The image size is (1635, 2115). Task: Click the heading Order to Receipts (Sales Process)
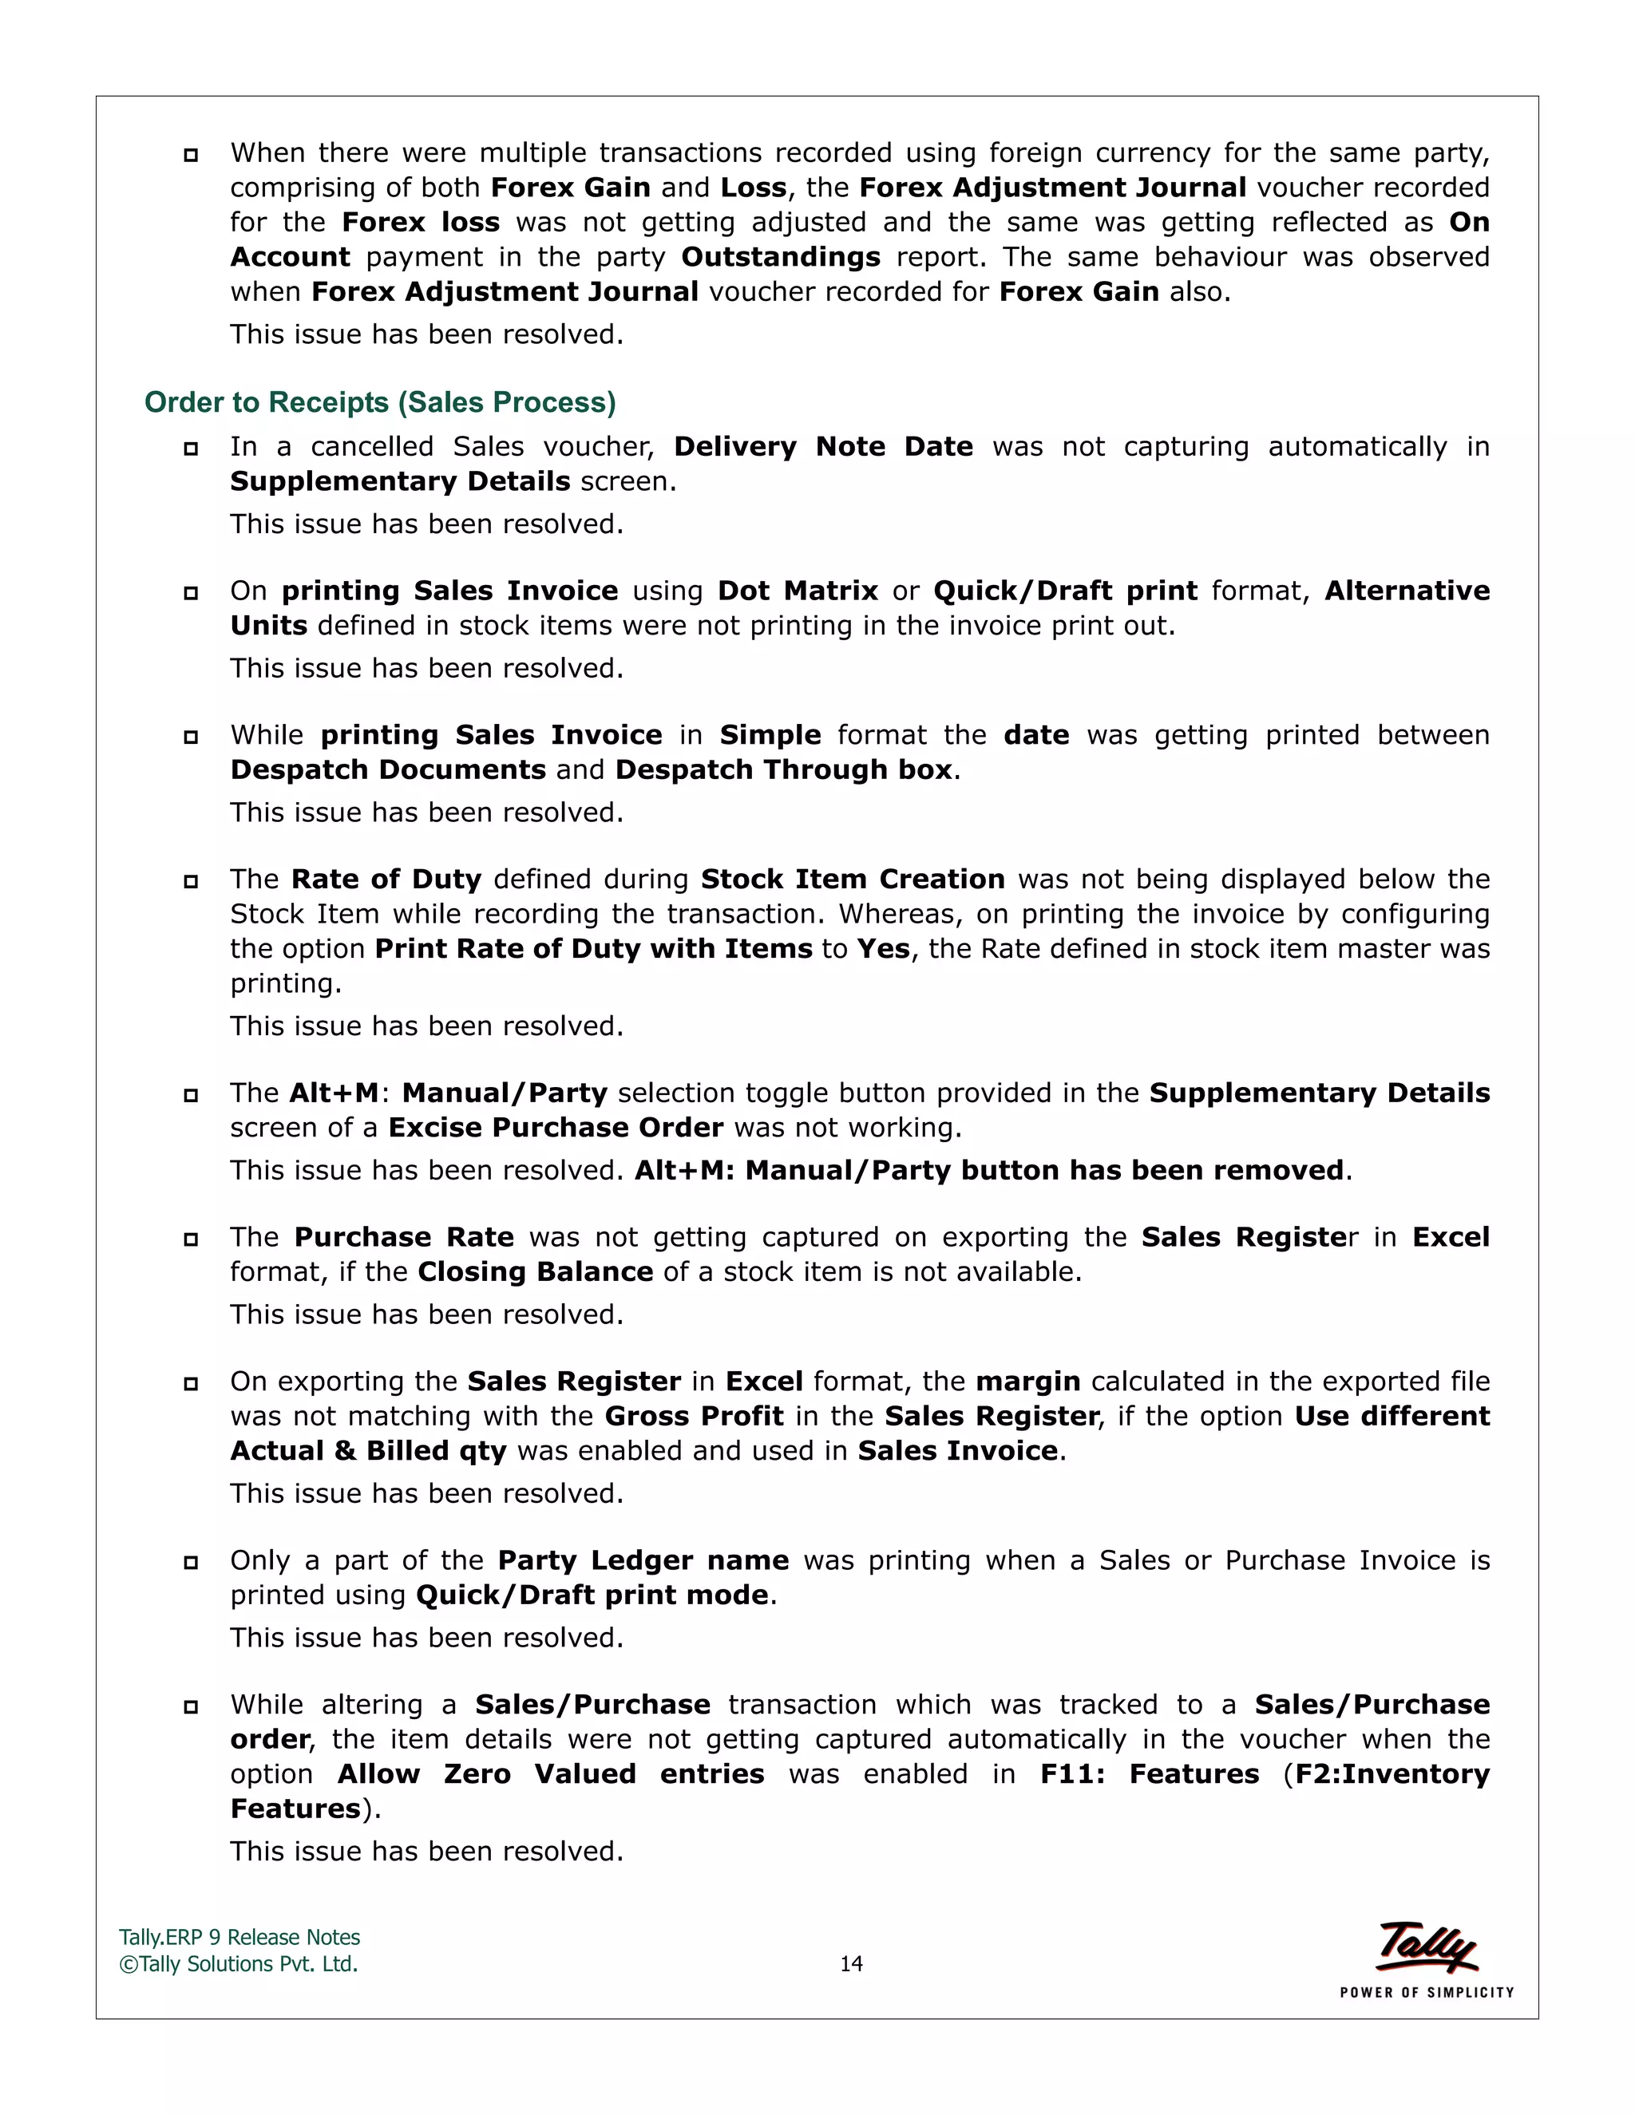[x=380, y=402]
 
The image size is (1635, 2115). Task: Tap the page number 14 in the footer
[x=850, y=1964]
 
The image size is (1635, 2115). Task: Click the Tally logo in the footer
[x=1426, y=1947]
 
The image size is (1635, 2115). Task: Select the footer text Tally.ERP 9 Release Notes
[x=240, y=1937]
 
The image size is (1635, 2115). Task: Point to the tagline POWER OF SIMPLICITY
[x=1426, y=1992]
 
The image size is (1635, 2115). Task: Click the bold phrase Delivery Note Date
[x=823, y=446]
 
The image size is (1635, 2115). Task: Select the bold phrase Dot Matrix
[x=798, y=591]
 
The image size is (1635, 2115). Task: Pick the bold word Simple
[x=770, y=735]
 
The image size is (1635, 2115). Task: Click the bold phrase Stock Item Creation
[x=853, y=880]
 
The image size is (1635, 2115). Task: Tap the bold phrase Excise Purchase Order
[x=556, y=1127]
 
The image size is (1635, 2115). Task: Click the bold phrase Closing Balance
[x=535, y=1271]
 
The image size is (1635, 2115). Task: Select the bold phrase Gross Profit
[x=694, y=1416]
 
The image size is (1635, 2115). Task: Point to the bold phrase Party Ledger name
[x=643, y=1560]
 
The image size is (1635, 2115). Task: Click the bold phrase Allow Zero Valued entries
[x=550, y=1774]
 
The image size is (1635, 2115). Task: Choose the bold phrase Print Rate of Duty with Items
[x=593, y=949]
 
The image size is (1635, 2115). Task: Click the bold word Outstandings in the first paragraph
[x=781, y=258]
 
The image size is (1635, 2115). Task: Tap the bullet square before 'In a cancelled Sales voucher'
[x=191, y=449]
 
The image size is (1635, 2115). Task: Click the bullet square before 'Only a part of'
[x=191, y=1562]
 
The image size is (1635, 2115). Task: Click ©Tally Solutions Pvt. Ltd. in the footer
[x=238, y=1964]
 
